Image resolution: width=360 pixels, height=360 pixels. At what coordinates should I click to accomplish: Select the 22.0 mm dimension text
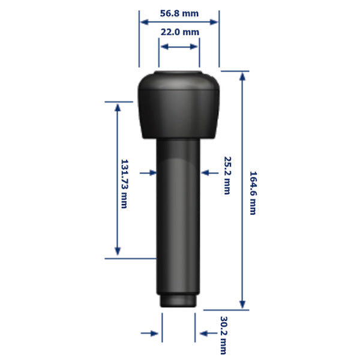click(179, 32)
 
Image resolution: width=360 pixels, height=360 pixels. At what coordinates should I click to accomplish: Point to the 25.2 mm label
click(227, 175)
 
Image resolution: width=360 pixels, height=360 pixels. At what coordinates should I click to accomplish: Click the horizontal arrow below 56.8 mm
click(179, 22)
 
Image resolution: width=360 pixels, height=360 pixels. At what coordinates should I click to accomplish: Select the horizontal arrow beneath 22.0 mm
click(179, 47)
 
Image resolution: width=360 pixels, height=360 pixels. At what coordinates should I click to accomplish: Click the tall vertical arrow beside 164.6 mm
click(242, 190)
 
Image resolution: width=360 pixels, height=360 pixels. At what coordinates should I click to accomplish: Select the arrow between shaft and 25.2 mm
click(209, 173)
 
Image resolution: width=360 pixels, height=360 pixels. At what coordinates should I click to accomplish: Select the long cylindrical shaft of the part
click(178, 216)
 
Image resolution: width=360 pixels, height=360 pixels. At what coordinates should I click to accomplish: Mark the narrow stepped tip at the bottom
click(178, 301)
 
